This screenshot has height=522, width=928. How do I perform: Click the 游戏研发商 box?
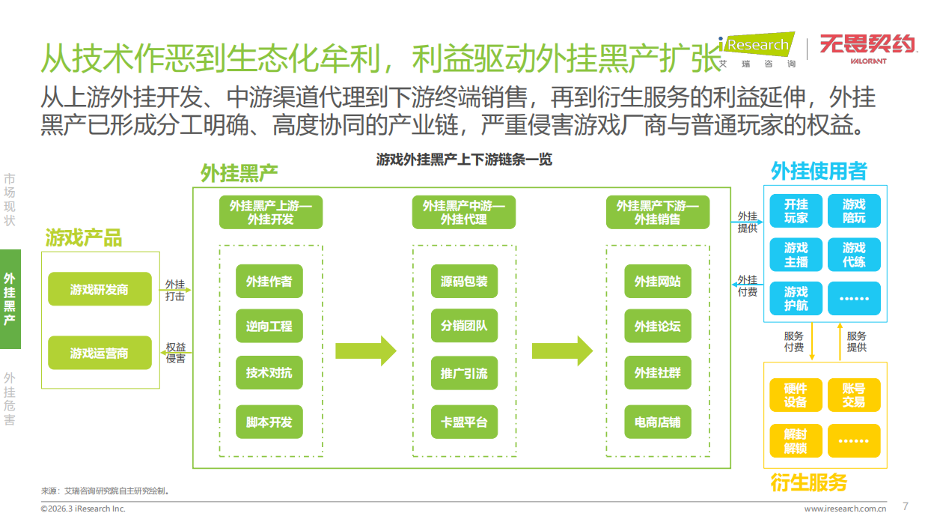pyautogui.click(x=99, y=289)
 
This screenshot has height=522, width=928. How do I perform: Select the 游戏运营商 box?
pyautogui.click(x=99, y=353)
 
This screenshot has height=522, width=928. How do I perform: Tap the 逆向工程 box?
pyautogui.click(x=269, y=327)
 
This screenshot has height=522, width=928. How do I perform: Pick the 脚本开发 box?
pyautogui.click(x=269, y=422)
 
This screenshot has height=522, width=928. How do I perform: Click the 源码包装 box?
pyautogui.click(x=464, y=282)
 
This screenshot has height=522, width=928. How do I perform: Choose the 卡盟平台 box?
pyautogui.click(x=464, y=422)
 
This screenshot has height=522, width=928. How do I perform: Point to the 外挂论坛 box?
pyautogui.click(x=658, y=327)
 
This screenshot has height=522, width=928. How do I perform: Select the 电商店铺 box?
pyautogui.click(x=658, y=422)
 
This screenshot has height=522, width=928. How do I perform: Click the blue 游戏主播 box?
pyautogui.click(x=796, y=255)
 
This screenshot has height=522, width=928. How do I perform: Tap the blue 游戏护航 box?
pyautogui.click(x=796, y=298)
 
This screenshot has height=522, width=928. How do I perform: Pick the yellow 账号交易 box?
pyautogui.click(x=854, y=395)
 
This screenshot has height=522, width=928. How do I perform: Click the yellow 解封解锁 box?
pyautogui.click(x=796, y=441)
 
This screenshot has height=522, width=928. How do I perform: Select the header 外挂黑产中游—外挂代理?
pyautogui.click(x=464, y=213)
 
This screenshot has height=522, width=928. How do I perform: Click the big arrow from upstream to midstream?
pyautogui.click(x=365, y=350)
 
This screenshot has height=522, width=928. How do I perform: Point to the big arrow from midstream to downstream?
pyautogui.click(x=562, y=350)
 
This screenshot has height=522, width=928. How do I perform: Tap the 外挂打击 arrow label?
pyautogui.click(x=175, y=290)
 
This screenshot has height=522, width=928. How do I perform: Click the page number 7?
pyautogui.click(x=906, y=506)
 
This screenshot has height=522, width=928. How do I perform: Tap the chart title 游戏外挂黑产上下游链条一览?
pyautogui.click(x=464, y=160)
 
